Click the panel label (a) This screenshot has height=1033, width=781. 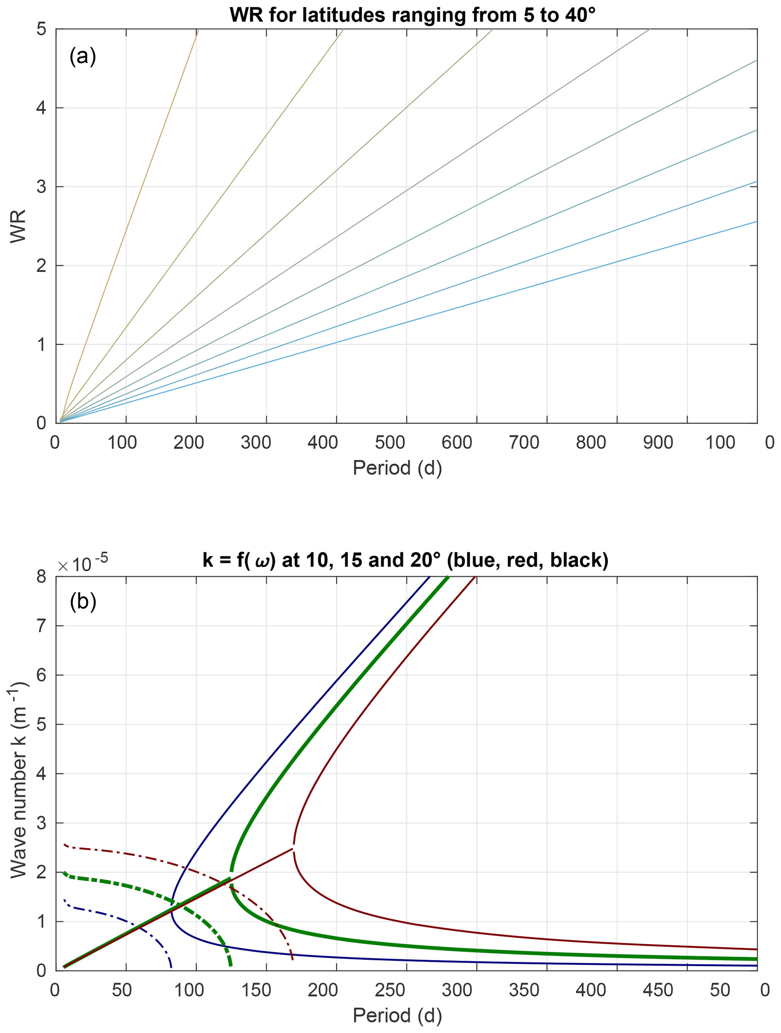[x=83, y=56]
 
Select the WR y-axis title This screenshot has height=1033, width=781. [x=18, y=226]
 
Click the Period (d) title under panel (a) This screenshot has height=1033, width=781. [x=397, y=468]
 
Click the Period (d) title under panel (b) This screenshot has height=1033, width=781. [x=397, y=1015]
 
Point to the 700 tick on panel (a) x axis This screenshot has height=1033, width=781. [x=524, y=442]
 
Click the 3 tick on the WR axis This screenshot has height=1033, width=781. [x=41, y=187]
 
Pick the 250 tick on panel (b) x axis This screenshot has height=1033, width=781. [x=390, y=990]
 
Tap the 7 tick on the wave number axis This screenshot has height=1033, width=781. [x=41, y=626]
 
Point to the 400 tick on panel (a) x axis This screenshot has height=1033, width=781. [x=322, y=442]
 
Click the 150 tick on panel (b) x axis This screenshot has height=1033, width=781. [x=256, y=990]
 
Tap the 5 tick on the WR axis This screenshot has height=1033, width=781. [x=41, y=29]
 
